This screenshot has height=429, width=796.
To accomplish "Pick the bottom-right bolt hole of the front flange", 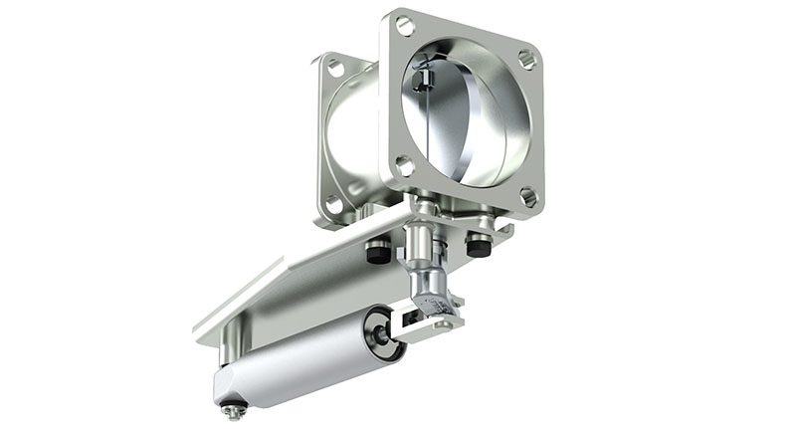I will [527, 198].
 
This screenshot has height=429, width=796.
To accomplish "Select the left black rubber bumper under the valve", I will [377, 255].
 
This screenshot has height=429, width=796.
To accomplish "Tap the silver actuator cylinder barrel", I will [298, 363].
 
